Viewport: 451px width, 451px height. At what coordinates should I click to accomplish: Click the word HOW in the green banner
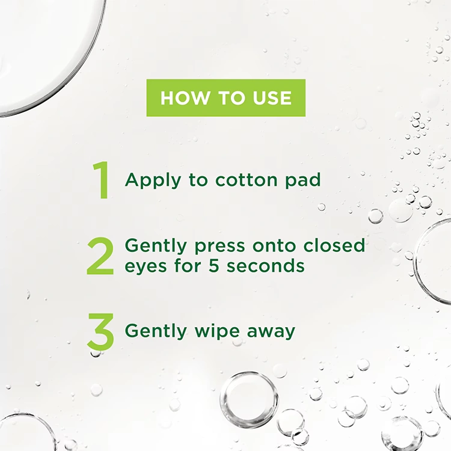(x=185, y=98)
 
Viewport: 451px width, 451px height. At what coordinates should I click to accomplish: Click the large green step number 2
(x=100, y=256)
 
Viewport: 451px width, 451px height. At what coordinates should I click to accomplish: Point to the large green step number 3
(x=100, y=332)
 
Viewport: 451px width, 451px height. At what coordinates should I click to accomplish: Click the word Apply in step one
(x=153, y=181)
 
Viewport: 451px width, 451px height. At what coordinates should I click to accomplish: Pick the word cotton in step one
(x=246, y=180)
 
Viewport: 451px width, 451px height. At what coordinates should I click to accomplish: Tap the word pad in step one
(x=302, y=181)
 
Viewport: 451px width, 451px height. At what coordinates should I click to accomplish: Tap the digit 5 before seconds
(x=213, y=265)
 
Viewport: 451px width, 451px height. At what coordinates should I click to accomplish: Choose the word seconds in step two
(x=265, y=265)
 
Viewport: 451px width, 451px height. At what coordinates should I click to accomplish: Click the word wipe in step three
(x=217, y=331)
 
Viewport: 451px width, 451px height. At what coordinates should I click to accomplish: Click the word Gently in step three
(x=156, y=331)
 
